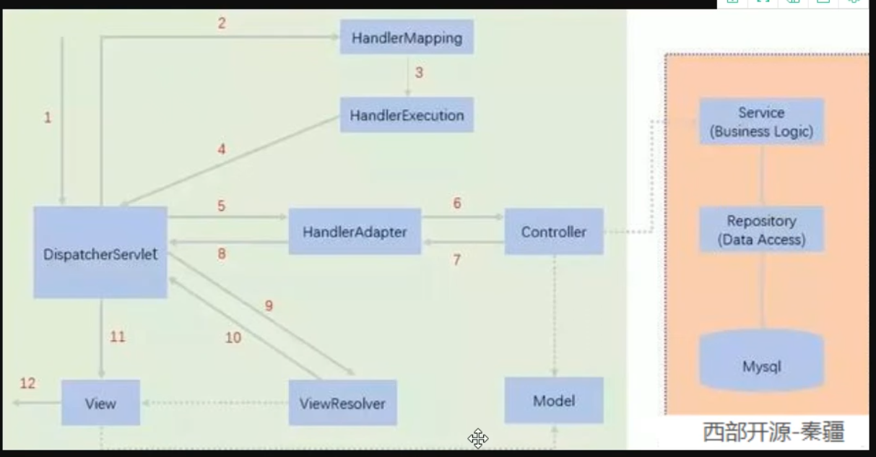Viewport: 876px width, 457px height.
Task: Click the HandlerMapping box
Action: coord(407,38)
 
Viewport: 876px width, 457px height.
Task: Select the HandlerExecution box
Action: coord(407,115)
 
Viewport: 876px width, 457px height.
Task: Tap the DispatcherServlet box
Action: coord(100,253)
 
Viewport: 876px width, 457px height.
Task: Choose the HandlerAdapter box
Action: coord(355,232)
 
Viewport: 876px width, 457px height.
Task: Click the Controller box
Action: coord(554,232)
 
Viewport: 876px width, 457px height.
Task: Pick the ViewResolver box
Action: coord(342,402)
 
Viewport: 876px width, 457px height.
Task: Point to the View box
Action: coord(100,402)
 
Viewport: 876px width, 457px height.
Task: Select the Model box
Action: coord(554,400)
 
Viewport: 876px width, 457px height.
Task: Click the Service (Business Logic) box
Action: coord(761,122)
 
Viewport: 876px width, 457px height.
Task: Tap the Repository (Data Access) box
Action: coord(761,230)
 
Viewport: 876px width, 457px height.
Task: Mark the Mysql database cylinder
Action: coord(761,361)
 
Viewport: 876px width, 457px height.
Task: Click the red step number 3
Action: coord(419,73)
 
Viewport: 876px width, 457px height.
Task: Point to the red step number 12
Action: coord(27,383)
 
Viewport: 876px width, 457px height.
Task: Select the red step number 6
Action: coord(457,204)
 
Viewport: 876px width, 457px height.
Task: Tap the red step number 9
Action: coord(269,306)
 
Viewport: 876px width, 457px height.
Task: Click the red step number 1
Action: coord(48,117)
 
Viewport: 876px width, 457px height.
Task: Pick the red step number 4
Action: coord(222,150)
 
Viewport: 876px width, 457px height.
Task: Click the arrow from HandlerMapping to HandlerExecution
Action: coord(407,75)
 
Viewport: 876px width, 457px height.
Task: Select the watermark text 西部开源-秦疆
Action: coord(774,432)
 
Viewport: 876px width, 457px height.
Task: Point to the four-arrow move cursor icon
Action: coord(478,438)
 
